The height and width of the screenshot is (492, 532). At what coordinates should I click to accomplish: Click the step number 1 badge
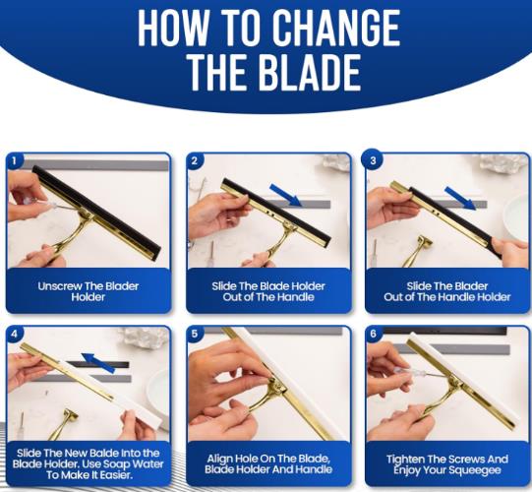coord(14,160)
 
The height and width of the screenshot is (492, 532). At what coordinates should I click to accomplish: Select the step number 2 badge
coord(194,160)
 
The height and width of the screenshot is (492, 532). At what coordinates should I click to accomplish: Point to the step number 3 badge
coord(373,160)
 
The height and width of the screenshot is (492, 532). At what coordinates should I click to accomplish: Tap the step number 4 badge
coord(14,334)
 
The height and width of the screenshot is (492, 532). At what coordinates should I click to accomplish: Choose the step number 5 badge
coord(194,334)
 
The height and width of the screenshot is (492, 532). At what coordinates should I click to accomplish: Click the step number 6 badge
coord(374,334)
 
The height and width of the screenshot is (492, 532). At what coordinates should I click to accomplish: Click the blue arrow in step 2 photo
coord(286,195)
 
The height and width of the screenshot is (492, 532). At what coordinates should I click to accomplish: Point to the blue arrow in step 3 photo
coord(460,198)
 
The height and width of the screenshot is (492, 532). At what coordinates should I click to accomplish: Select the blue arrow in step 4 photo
coord(98,363)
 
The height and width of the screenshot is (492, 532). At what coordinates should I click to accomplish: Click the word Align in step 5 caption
coord(218,459)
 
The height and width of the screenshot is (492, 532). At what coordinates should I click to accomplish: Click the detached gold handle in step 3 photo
coord(418,250)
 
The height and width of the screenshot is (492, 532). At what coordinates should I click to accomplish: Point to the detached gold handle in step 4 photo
coord(65,424)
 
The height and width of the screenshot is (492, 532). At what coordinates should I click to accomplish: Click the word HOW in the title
coord(173,28)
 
